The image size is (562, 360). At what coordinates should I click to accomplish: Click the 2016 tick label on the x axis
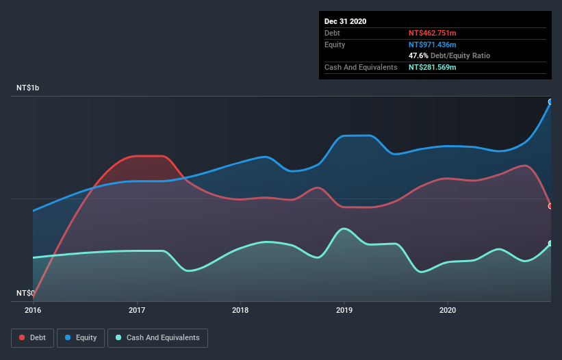33,309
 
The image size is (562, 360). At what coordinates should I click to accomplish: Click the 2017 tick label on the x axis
137,309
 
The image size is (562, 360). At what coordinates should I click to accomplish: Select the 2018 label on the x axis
240,309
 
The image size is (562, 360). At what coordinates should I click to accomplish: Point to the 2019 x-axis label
344,309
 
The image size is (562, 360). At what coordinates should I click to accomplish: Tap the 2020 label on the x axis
448,309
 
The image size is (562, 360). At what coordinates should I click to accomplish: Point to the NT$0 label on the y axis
25,293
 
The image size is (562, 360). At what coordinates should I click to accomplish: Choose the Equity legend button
81,337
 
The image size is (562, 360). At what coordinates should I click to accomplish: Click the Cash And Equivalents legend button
157,337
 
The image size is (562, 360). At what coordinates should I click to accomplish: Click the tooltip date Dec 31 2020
345,21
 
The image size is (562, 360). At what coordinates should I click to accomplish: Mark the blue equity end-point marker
550,102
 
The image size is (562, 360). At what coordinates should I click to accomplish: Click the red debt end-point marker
550,206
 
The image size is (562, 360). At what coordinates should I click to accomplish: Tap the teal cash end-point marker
550,244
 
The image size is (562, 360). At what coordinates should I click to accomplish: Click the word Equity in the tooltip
335,44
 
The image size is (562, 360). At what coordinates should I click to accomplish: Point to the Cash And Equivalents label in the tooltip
361,67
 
